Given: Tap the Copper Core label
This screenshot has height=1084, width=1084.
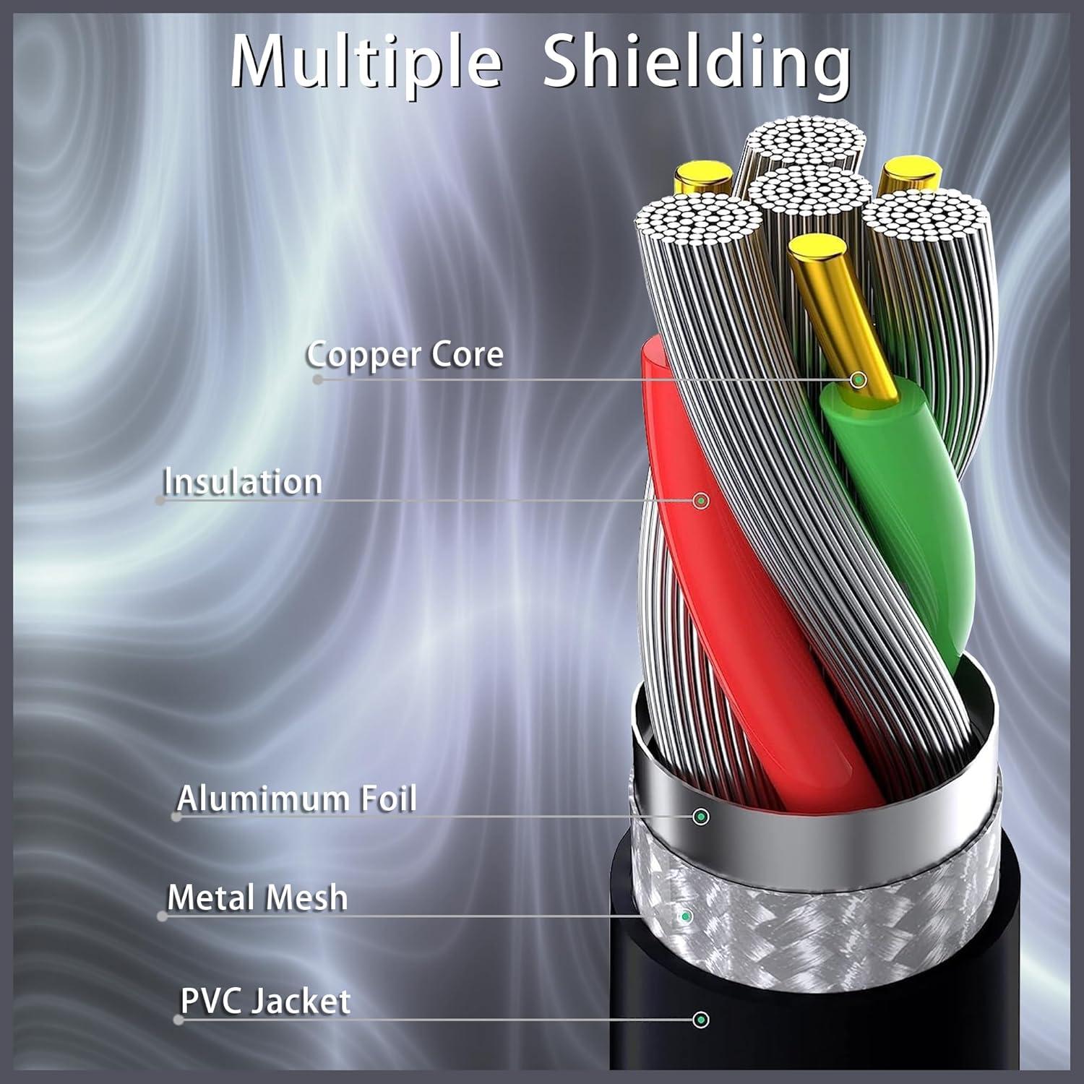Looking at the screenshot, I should [x=405, y=354].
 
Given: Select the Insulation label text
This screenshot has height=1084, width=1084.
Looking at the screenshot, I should [x=243, y=482].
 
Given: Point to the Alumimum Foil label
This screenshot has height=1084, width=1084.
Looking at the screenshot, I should [x=297, y=799].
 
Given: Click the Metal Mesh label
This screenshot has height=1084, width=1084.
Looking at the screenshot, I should [x=257, y=898].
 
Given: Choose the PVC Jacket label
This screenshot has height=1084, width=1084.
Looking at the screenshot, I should [x=265, y=1002].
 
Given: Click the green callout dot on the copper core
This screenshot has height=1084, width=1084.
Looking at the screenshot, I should [x=859, y=379].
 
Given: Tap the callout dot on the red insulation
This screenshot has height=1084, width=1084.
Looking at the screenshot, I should [x=700, y=500].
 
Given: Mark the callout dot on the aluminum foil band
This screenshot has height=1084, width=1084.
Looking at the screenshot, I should [x=700, y=817].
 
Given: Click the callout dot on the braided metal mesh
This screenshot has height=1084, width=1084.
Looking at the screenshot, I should [x=686, y=916].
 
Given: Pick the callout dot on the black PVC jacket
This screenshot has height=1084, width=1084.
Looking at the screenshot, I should [x=700, y=1020].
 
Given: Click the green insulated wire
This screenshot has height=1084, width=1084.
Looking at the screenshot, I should [x=903, y=506].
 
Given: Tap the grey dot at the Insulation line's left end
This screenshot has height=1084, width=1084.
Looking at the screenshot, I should [x=160, y=500].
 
